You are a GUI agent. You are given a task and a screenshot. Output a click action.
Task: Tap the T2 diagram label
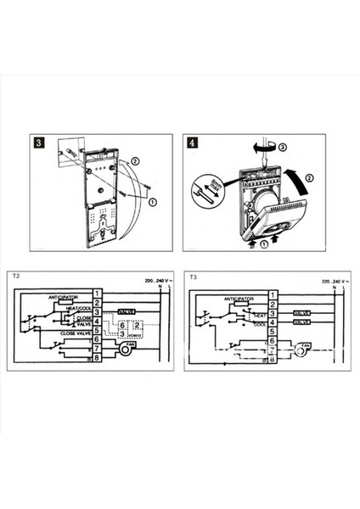click(x=17, y=277)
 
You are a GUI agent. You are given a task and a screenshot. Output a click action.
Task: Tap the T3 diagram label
click(x=193, y=277)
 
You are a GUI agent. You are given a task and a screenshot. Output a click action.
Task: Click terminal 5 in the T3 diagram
click(x=271, y=332)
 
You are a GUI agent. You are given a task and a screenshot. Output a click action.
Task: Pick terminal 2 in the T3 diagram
click(x=271, y=303)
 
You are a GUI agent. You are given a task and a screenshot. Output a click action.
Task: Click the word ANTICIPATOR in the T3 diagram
click(x=239, y=299)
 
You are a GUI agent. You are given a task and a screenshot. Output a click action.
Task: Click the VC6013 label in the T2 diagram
click(x=136, y=334)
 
